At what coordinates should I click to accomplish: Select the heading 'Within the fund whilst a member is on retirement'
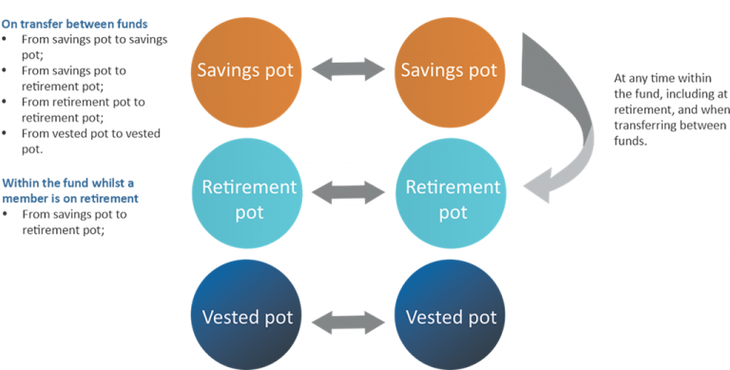click(x=70, y=191)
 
